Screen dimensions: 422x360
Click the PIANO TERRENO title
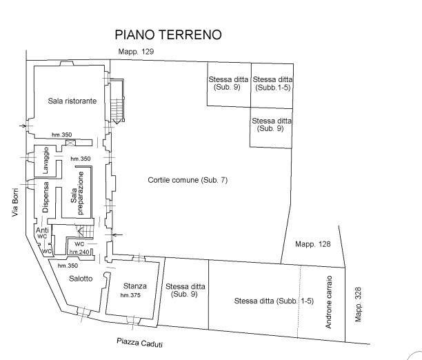click(x=168, y=34)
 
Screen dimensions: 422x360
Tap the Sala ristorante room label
click(x=72, y=101)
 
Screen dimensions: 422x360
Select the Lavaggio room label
click(x=46, y=160)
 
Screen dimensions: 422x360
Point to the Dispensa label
click(x=46, y=197)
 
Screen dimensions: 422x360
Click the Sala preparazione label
click(x=77, y=193)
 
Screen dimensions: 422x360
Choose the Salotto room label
click(x=81, y=279)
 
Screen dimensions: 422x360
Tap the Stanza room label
click(x=135, y=286)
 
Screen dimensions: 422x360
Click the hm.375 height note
click(x=130, y=295)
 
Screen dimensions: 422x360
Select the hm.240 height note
click(x=79, y=252)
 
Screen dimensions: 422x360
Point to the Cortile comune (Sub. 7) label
click(x=188, y=180)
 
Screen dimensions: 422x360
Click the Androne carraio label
click(x=329, y=302)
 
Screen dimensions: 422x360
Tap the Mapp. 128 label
click(x=313, y=244)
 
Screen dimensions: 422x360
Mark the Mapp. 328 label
click(x=358, y=304)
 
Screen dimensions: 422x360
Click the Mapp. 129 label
click(x=136, y=52)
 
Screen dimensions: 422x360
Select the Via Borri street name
click(x=15, y=202)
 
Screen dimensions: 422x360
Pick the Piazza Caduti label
click(x=139, y=343)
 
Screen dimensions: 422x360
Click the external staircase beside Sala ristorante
click(x=118, y=101)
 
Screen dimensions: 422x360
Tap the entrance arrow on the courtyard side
click(x=117, y=234)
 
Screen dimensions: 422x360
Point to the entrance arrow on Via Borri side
click(x=23, y=126)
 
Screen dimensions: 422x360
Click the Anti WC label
click(x=42, y=233)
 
